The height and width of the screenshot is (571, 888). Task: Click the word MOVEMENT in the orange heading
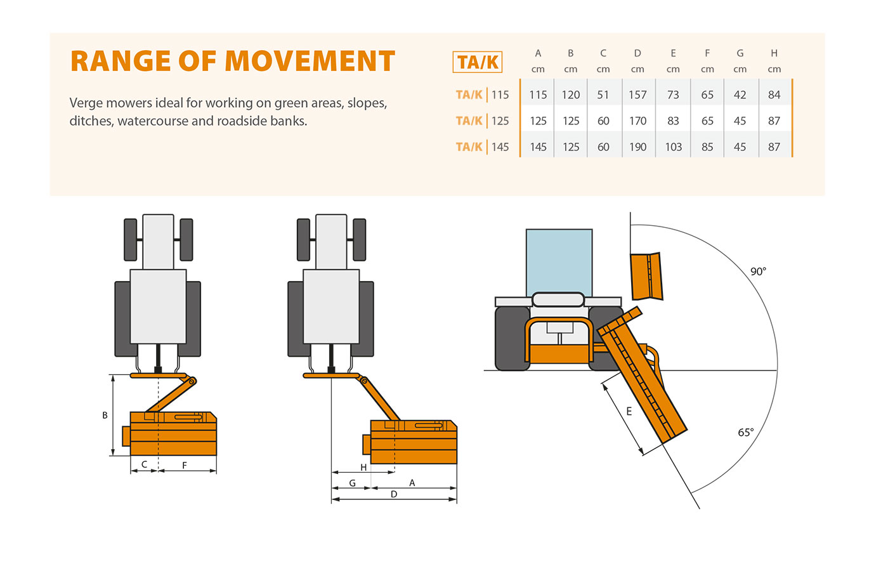pos(310,62)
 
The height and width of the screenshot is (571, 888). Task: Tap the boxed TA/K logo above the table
pos(478,62)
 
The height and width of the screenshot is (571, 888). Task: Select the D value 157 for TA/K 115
pos(637,95)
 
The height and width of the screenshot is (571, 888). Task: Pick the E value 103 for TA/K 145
pos(673,147)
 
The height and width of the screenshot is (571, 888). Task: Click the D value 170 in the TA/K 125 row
pos(637,121)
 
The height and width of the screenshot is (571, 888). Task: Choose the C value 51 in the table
pos(603,95)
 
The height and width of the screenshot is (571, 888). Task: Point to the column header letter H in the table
pos(774,53)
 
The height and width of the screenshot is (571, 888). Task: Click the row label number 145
pos(500,147)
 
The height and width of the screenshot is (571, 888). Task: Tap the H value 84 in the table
pos(774,95)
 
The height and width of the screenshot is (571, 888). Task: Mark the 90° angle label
pos(758,272)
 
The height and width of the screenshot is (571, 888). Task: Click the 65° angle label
pos(746,433)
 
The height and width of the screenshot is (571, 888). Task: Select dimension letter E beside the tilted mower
pos(629,411)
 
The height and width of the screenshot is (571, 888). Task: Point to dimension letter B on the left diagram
pos(105,416)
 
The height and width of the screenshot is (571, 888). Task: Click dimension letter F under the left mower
pos(185,465)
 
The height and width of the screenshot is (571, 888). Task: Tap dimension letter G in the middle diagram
pos(353,483)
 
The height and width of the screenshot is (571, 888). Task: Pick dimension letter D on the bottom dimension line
pos(394,494)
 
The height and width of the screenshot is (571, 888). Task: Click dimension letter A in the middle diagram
pos(412,483)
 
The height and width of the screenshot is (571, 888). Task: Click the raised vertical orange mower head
pos(646,276)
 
